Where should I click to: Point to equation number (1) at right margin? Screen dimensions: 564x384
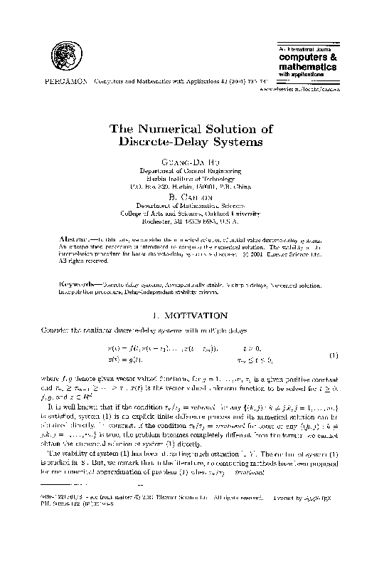point(333,355)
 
